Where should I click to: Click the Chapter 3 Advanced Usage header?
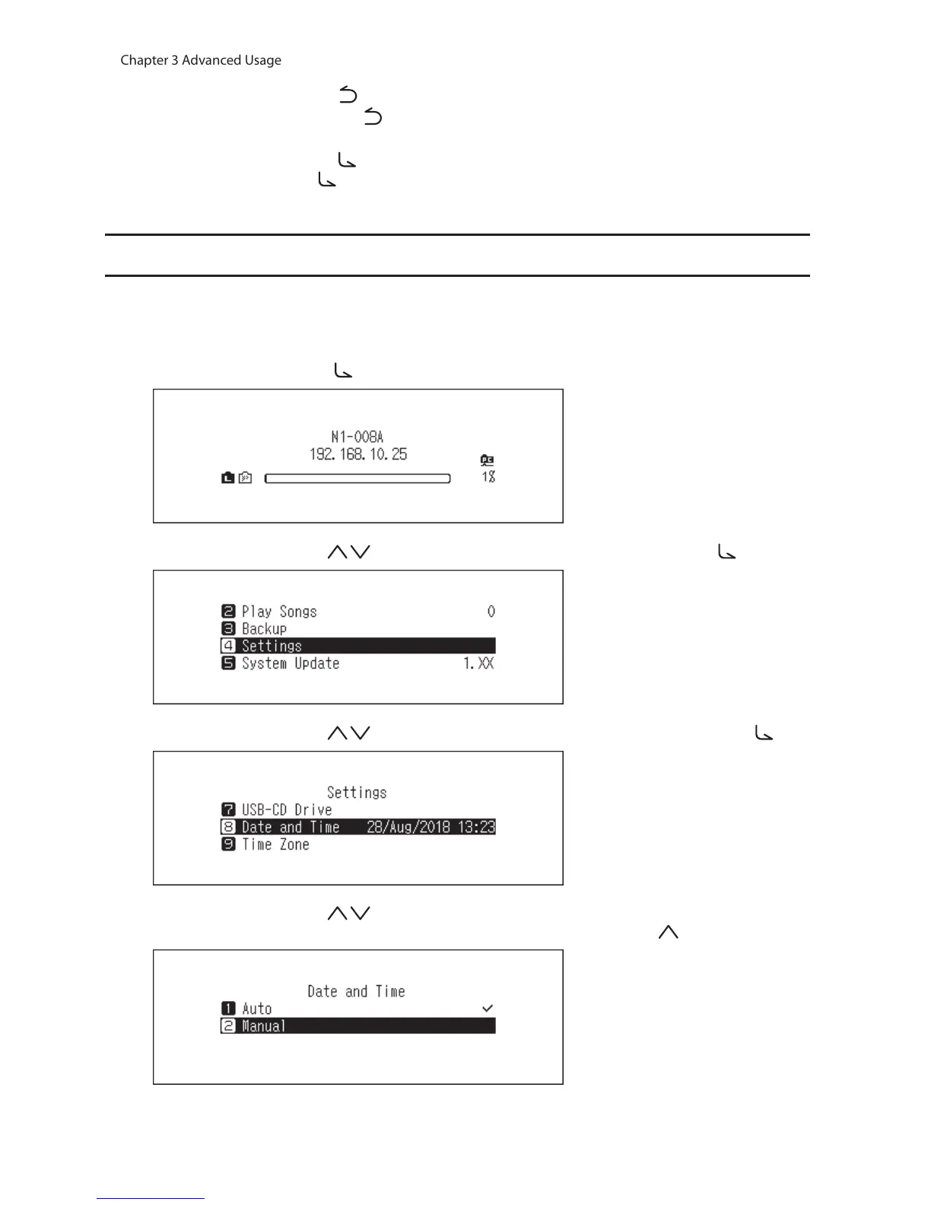tap(201, 60)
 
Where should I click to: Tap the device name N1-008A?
tap(357, 437)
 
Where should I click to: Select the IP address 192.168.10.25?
tap(357, 454)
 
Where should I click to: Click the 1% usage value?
tap(488, 477)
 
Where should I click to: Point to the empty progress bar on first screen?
tap(357, 479)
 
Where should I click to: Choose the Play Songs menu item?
tap(279, 612)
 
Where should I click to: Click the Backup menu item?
tap(264, 629)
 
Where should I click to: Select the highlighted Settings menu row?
tap(357, 646)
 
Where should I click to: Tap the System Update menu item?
tap(291, 663)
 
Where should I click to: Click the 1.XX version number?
tap(478, 663)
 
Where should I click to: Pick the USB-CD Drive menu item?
tap(287, 810)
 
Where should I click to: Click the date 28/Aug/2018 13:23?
tap(431, 827)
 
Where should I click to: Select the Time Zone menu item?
tap(275, 844)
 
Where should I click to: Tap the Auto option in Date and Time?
tap(256, 1009)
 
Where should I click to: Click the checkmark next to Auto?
tap(488, 1008)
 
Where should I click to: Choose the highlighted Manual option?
tap(357, 1026)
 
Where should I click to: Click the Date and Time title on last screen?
tap(356, 991)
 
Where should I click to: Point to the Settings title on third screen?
tap(357, 793)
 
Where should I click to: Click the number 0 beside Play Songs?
tap(491, 612)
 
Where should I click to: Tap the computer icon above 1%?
tap(488, 459)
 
